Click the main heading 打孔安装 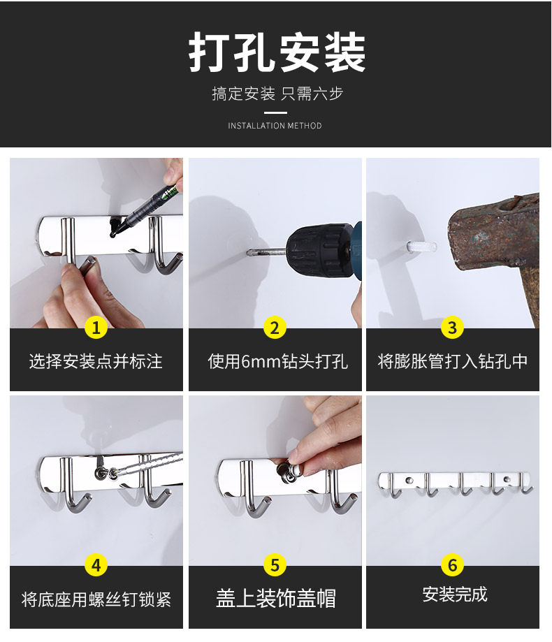click(x=277, y=52)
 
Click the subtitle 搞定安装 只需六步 click(x=277, y=94)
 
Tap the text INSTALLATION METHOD click(x=275, y=126)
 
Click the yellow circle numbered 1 click(x=96, y=328)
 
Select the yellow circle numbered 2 click(x=275, y=328)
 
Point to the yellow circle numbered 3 click(x=453, y=328)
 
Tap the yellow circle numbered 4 click(x=96, y=565)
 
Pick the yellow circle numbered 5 click(x=275, y=565)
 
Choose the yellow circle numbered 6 click(x=453, y=565)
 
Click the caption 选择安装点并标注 click(x=96, y=362)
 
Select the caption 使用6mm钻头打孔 click(x=277, y=362)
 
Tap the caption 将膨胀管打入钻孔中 click(x=453, y=362)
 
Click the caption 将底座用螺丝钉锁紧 click(x=96, y=599)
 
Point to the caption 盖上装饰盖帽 click(x=275, y=598)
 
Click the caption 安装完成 click(x=455, y=594)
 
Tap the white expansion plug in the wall click(x=421, y=247)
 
